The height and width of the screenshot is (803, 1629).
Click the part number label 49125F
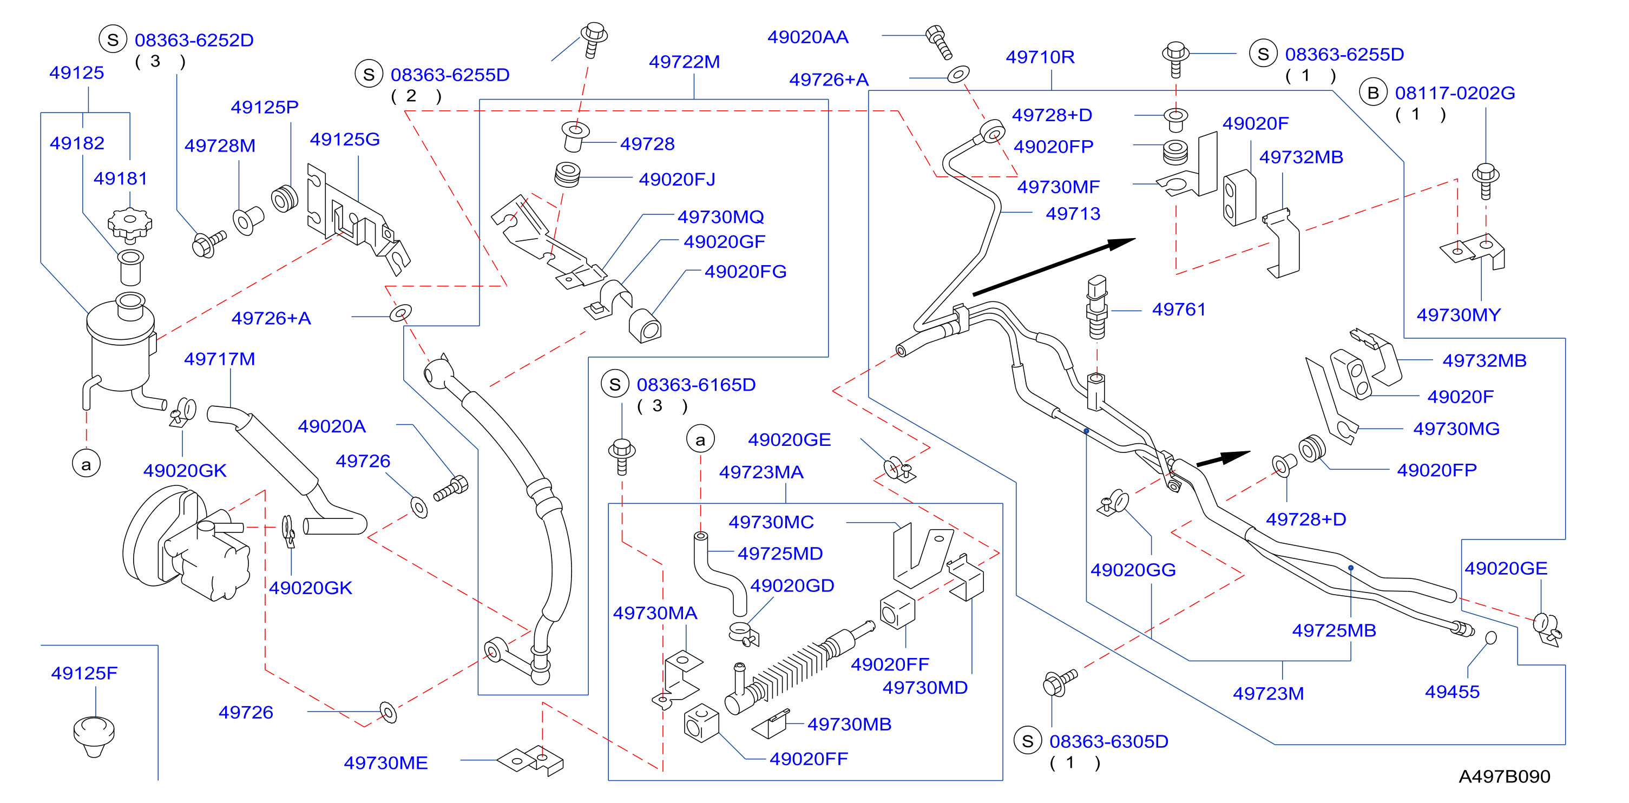click(84, 673)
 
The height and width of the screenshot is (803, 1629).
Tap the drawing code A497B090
click(1505, 776)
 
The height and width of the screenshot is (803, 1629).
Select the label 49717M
click(219, 359)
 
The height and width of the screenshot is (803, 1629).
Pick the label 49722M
click(684, 62)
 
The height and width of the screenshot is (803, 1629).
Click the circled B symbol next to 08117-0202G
click(1373, 93)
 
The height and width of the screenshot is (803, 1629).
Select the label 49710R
click(1040, 57)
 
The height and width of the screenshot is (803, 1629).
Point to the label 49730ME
click(386, 763)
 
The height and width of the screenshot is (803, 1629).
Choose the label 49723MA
click(761, 472)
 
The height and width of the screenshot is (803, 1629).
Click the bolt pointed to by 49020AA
click(939, 42)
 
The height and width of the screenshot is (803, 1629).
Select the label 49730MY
click(1459, 315)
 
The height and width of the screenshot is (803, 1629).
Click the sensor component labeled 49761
click(1096, 307)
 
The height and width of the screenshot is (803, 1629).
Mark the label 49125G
click(345, 139)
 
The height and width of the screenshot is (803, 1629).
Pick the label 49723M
click(1268, 694)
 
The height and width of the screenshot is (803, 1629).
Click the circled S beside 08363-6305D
click(1028, 741)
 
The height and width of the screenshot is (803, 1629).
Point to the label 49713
click(1073, 214)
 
